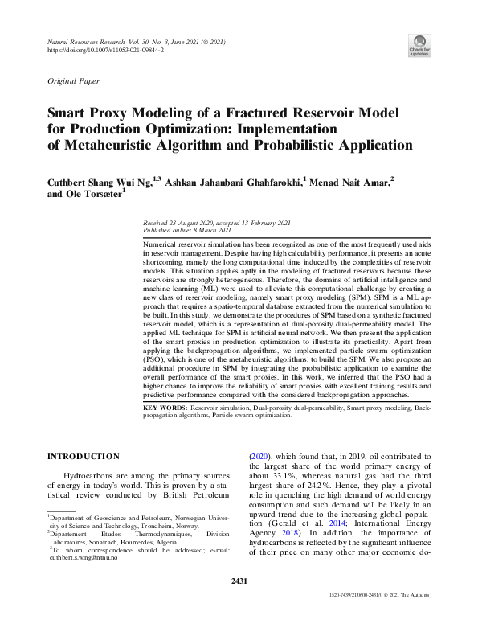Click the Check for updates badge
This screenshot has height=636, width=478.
click(419, 45)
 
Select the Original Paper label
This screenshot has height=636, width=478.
click(73, 81)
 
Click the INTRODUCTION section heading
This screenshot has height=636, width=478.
click(84, 457)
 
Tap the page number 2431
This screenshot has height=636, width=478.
click(239, 581)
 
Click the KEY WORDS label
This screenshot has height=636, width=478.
click(165, 408)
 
